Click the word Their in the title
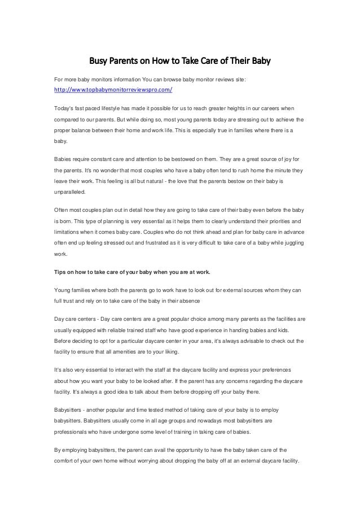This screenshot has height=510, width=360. coord(234,59)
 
